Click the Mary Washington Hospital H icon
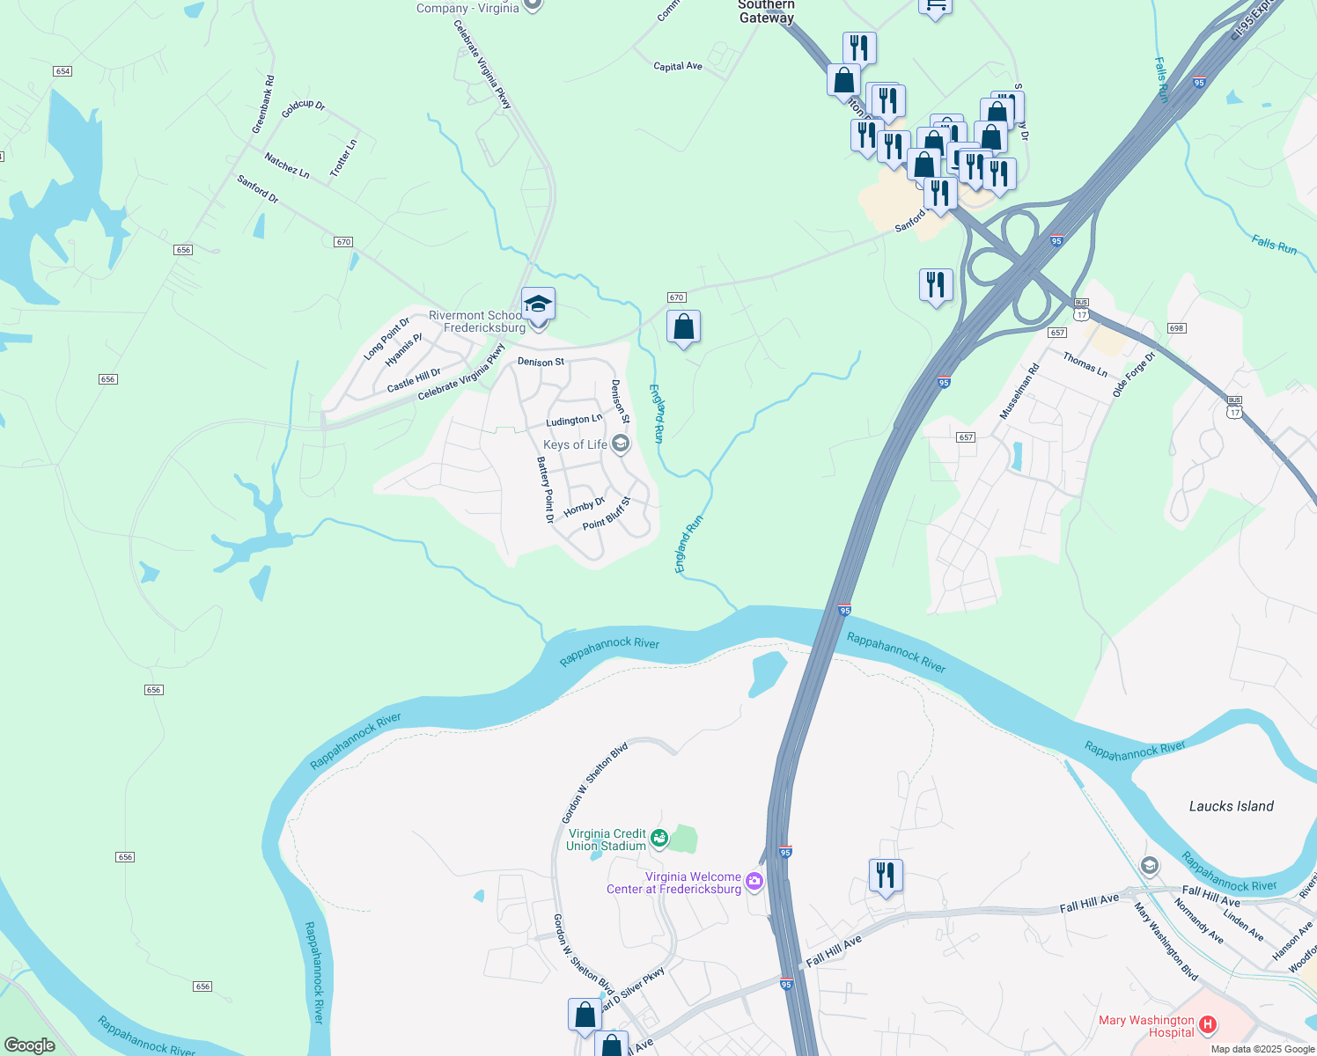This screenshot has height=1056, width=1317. [1208, 1024]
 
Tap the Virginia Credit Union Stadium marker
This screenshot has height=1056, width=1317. [659, 840]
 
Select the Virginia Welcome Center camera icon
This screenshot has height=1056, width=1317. [754, 881]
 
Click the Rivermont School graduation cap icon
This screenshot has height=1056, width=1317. [538, 304]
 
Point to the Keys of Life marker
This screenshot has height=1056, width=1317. [621, 444]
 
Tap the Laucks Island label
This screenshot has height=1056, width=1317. [1231, 806]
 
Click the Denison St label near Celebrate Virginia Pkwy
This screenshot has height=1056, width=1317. [541, 362]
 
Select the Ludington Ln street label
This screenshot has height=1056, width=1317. [574, 421]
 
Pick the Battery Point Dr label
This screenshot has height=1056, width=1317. [546, 490]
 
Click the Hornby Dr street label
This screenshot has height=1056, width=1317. [585, 508]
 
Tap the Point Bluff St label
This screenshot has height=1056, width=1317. [607, 514]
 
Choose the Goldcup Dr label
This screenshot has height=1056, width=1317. [304, 109]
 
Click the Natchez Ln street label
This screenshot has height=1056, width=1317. [287, 165]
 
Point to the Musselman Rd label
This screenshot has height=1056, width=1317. [1019, 392]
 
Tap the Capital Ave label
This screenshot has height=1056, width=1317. [678, 66]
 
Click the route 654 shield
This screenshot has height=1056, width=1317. [62, 71]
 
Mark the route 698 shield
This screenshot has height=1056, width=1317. [1177, 328]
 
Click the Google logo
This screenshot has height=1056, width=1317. [30, 1045]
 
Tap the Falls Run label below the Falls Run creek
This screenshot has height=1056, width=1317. [1274, 244]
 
